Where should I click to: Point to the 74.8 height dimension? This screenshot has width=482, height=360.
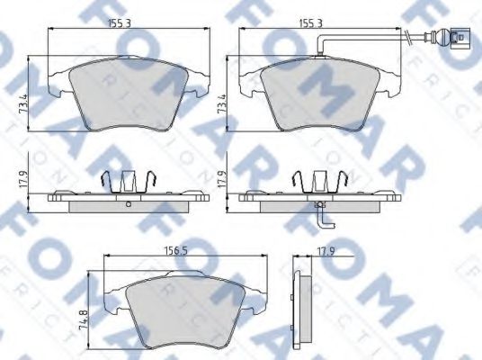coord(83,319)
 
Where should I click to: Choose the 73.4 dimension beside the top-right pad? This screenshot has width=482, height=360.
coord(221,93)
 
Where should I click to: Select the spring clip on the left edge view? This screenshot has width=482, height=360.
coord(127,181)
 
